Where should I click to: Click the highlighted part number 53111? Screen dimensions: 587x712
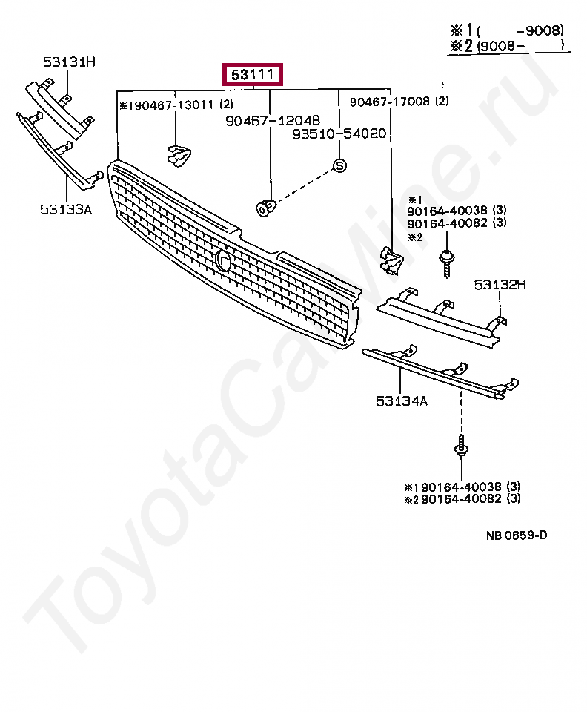253,75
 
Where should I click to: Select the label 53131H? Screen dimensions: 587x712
68,62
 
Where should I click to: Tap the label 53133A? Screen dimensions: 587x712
66,209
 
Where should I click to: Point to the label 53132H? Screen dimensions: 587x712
500,283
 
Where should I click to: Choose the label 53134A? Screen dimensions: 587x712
402,401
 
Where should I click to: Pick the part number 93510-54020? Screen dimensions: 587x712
339,133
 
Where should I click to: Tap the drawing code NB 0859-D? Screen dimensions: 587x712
517,535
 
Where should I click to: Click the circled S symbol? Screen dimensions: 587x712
339,165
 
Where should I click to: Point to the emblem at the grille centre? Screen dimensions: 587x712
223,260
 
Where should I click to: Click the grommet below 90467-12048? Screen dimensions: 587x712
265,208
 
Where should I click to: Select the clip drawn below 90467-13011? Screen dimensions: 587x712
178,154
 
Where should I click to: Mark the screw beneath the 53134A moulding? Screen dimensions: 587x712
461,449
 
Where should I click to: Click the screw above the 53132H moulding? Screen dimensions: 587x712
448,262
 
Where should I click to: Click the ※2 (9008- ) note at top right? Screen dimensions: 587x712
507,46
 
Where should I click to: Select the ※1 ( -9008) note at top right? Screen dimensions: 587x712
507,30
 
